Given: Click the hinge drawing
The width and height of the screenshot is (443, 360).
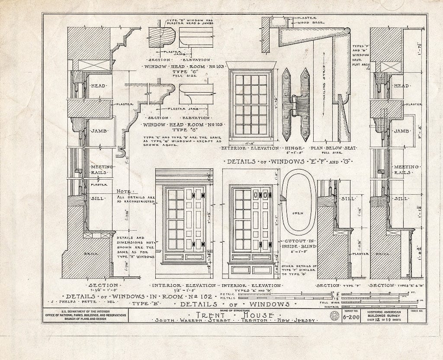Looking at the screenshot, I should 296,105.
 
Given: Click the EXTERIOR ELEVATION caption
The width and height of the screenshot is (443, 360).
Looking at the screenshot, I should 250,148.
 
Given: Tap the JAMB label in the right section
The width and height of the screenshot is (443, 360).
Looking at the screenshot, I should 401,131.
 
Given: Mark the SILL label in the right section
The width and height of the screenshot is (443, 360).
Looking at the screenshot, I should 401,199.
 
